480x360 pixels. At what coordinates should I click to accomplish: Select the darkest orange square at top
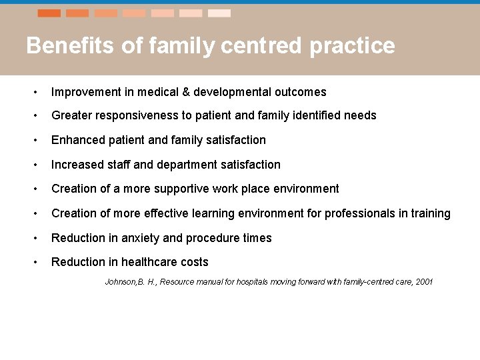click(49, 13)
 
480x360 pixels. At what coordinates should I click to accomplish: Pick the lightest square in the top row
click(219, 13)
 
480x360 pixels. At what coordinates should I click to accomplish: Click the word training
click(431, 213)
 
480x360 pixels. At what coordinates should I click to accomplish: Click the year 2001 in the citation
click(423, 282)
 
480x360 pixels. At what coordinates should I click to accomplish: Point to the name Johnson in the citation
click(120, 282)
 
